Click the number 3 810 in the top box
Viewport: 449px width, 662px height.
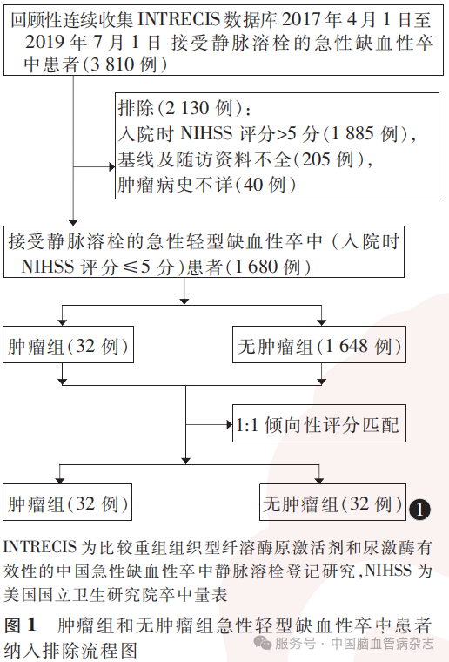(113, 64)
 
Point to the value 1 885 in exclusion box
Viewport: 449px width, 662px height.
(352, 133)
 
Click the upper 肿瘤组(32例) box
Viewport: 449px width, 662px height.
(68, 345)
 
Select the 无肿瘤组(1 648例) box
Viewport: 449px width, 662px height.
(319, 345)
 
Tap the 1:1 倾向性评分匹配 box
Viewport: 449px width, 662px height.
(319, 423)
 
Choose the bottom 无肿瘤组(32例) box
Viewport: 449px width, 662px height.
(332, 503)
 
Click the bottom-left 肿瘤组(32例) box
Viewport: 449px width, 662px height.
(68, 503)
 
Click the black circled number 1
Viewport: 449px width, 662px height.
(419, 510)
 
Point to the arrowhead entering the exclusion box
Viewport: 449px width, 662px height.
(112, 167)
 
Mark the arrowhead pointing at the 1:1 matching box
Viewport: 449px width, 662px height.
(230, 424)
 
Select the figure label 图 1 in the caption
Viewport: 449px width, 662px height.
(19, 625)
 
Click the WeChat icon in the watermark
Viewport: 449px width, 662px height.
(262, 644)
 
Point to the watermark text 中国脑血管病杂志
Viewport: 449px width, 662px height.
(382, 644)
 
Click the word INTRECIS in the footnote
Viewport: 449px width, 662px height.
(40, 548)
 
